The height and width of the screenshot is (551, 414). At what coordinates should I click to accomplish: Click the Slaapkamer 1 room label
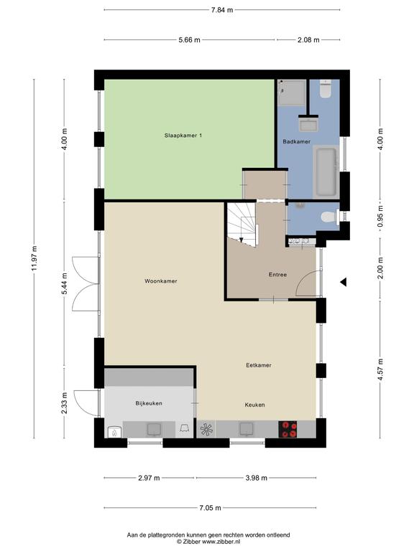(183, 136)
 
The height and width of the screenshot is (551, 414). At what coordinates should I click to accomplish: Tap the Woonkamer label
(161, 281)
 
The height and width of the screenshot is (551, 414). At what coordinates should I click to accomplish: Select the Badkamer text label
(297, 141)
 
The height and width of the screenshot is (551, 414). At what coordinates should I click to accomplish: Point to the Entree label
(277, 275)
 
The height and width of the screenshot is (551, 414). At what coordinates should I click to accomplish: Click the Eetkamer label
(259, 365)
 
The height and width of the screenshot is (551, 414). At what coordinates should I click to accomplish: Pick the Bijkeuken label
(149, 403)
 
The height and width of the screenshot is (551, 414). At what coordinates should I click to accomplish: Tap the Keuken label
(255, 405)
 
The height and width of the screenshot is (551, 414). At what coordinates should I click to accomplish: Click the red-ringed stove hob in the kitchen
(288, 429)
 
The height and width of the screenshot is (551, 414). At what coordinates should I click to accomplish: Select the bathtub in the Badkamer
(326, 172)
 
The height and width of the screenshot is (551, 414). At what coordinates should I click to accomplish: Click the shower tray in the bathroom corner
(292, 93)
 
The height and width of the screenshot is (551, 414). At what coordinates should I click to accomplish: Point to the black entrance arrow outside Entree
(344, 282)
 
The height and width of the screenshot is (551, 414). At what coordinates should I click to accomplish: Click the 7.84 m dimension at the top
(222, 10)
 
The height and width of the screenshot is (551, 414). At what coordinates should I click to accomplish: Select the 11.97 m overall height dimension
(34, 258)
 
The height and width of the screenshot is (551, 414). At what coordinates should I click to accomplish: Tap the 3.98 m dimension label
(257, 478)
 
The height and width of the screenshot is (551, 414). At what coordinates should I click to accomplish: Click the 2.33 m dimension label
(64, 403)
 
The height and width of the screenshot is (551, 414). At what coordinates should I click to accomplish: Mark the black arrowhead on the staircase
(241, 240)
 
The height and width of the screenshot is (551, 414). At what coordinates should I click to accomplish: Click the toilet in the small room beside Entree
(330, 217)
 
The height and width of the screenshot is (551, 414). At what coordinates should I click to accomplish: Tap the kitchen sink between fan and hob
(247, 429)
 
